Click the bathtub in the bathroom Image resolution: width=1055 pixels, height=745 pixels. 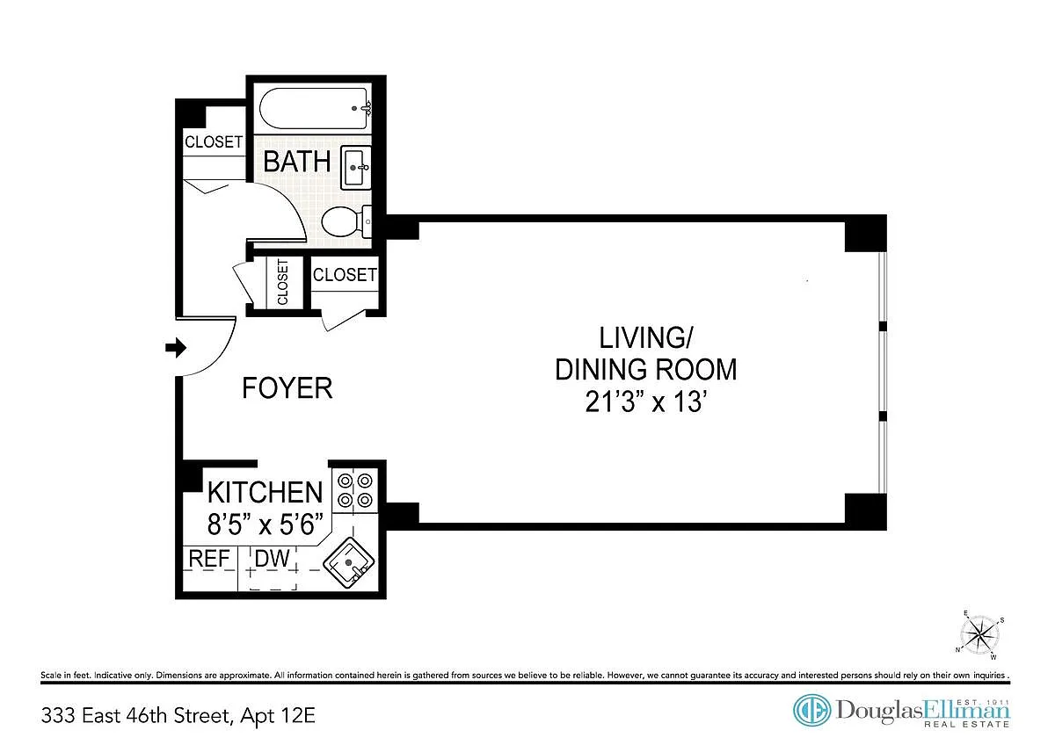pos(315,109)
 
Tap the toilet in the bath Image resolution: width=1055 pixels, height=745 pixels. pos(346,221)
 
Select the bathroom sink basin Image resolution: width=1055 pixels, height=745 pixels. pos(355,168)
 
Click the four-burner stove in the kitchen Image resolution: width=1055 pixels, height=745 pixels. pos(354,490)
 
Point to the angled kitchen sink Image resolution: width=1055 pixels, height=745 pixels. pos(348,563)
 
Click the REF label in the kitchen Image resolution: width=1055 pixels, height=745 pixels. pos(209,559)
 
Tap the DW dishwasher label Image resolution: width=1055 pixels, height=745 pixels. pos(272,559)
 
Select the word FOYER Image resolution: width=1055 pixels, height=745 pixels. pos(287,387)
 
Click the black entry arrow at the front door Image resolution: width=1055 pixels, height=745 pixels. pos(176,348)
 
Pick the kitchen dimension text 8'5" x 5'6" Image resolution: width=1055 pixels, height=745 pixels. pos(266,524)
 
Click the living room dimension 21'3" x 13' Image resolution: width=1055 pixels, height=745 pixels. pos(646,401)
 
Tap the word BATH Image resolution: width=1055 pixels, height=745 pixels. pos(297,162)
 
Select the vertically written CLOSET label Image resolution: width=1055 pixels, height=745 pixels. pos(282,282)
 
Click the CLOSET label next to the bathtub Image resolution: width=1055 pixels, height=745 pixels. pos(214,141)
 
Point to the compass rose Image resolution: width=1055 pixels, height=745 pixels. pos(980,635)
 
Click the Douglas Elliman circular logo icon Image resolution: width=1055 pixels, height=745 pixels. pos(811,710)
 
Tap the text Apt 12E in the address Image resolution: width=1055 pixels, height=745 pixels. pos(278,716)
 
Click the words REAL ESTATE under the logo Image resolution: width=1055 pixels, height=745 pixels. pos(966,724)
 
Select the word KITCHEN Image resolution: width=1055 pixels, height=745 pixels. pos(266,492)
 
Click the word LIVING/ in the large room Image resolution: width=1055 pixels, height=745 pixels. pos(645,337)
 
